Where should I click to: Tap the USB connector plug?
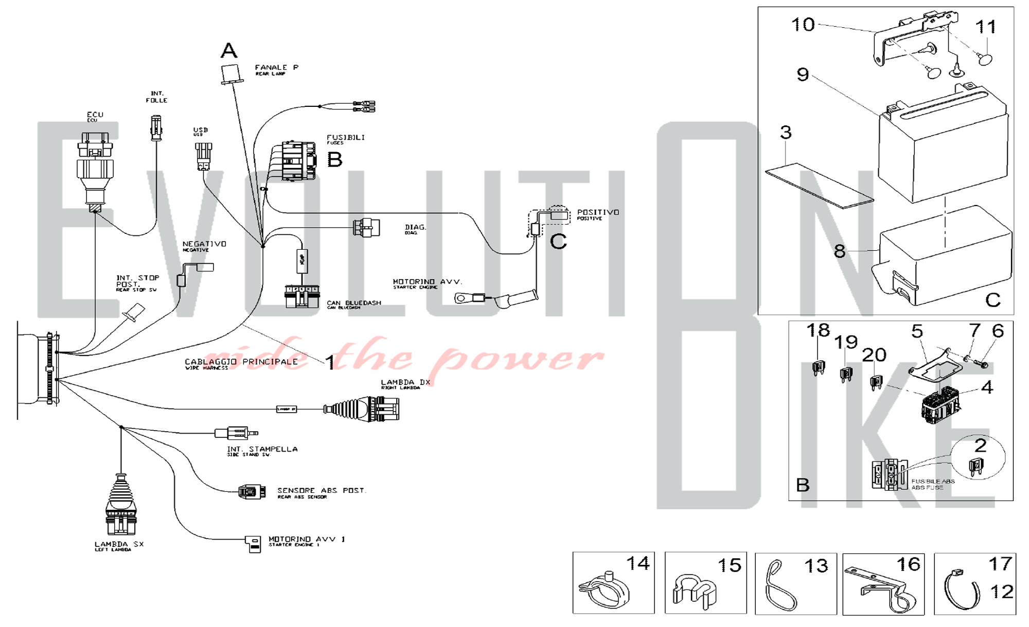tap(203, 156)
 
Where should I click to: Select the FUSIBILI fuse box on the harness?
tap(298, 161)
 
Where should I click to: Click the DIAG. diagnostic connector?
tap(366, 227)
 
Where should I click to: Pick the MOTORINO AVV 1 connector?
tap(253, 543)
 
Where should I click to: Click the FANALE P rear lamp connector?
tap(232, 74)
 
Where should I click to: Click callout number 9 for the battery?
tap(803, 75)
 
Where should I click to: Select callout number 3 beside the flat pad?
tap(786, 133)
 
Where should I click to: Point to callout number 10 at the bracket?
tap(803, 24)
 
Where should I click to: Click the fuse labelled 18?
tap(818, 367)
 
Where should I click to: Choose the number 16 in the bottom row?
tap(908, 564)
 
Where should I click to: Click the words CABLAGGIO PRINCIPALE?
tap(241, 362)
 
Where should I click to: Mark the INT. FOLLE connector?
tap(156, 128)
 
